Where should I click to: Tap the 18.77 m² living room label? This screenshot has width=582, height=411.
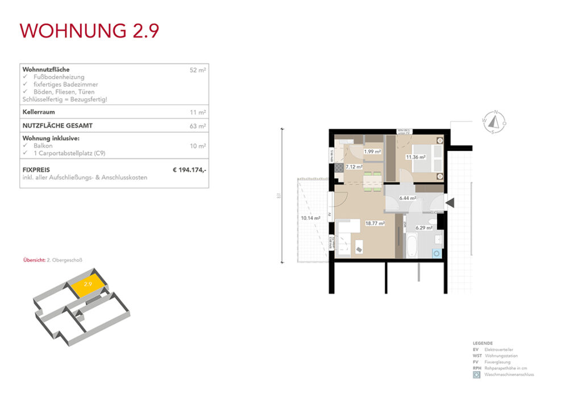pyautogui.click(x=375, y=224)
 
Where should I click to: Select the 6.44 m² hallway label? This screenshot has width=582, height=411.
pyautogui.click(x=408, y=198)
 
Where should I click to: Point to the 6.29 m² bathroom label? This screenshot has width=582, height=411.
pyautogui.click(x=424, y=228)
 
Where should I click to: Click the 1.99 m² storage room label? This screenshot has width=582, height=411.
pyautogui.click(x=372, y=152)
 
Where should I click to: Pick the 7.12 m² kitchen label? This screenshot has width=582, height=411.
pyautogui.click(x=354, y=167)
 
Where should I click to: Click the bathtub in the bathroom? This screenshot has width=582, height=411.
pyautogui.click(x=411, y=245)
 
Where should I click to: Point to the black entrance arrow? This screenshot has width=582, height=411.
pyautogui.click(x=450, y=202)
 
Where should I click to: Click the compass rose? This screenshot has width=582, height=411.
pyautogui.click(x=494, y=121)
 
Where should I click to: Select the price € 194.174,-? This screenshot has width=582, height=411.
pyautogui.click(x=189, y=169)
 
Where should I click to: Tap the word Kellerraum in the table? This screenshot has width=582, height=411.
pyautogui.click(x=39, y=112)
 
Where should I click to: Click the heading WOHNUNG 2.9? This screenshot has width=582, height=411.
pyautogui.click(x=89, y=31)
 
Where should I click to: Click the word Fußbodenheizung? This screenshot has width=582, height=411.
pyautogui.click(x=59, y=77)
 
